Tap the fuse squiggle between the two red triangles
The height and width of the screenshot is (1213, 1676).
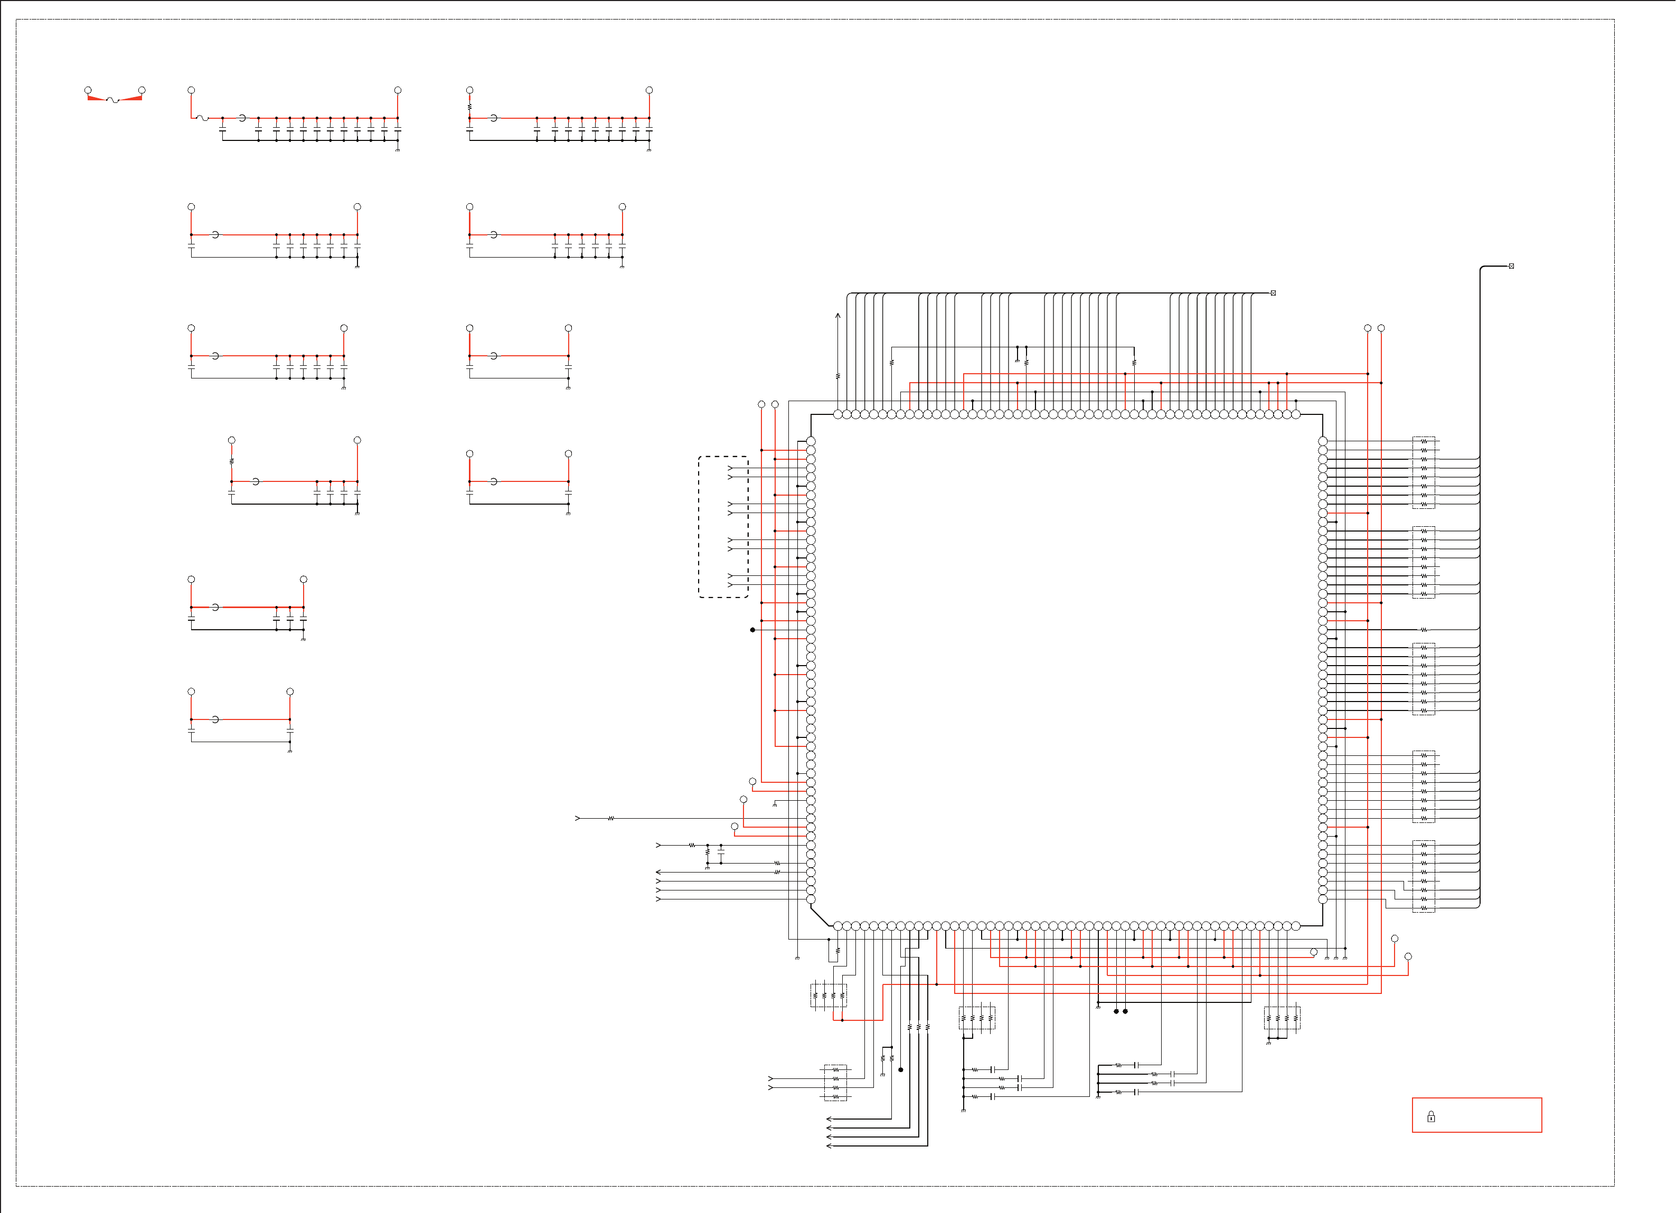[x=113, y=100]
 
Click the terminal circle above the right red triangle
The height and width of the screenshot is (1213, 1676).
[x=142, y=90]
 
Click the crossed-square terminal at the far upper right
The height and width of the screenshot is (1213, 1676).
[x=1511, y=266]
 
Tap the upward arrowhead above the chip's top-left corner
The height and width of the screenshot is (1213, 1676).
[x=838, y=316]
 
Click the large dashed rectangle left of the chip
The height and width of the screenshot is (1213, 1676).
[x=723, y=527]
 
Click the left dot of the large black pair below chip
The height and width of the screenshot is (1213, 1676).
[x=1116, y=1011]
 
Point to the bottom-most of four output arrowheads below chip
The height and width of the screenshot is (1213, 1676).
[x=829, y=1146]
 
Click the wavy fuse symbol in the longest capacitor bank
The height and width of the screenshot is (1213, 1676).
[x=202, y=118]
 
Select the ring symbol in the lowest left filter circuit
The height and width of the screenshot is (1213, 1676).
[x=215, y=719]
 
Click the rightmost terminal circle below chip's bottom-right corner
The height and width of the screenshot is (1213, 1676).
[x=1408, y=956]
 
